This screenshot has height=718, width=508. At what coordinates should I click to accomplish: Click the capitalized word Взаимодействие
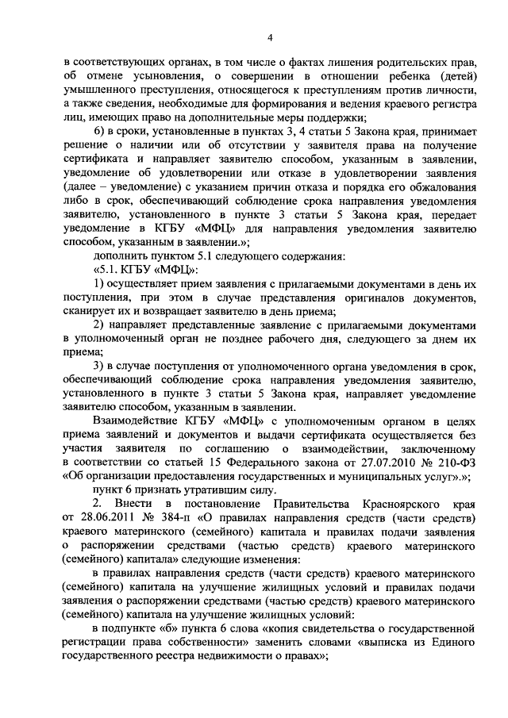click(x=133, y=418)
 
